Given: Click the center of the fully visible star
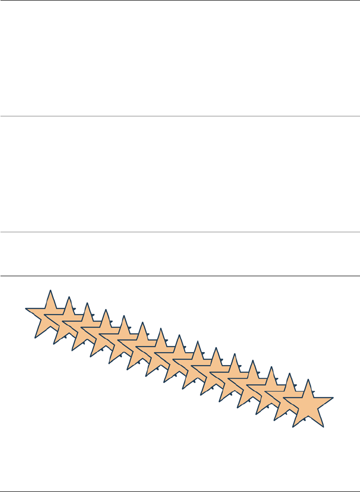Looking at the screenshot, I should tap(308, 404).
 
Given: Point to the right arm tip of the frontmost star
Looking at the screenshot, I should tap(333, 398).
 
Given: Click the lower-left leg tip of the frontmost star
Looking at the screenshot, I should tap(293, 427).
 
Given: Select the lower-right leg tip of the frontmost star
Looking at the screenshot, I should tap(324, 427).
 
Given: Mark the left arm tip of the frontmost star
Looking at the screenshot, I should tap(283, 398).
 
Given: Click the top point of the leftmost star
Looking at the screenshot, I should tap(50, 290).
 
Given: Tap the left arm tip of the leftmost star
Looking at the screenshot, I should tap(25, 309).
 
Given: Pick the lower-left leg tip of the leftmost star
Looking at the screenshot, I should tap(35, 338).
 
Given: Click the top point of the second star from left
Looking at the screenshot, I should tap(69, 296).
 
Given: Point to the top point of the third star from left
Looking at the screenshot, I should tap(87, 303).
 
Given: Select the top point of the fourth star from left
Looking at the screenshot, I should tap(106, 309).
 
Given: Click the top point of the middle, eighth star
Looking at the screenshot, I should tap(179, 335).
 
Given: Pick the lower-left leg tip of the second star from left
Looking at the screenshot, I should tap(53, 344).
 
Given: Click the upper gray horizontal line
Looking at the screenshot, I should tap(180, 116).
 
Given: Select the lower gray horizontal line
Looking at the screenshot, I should tap(180, 232).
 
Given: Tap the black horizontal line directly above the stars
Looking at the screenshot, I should tap(180, 276).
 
